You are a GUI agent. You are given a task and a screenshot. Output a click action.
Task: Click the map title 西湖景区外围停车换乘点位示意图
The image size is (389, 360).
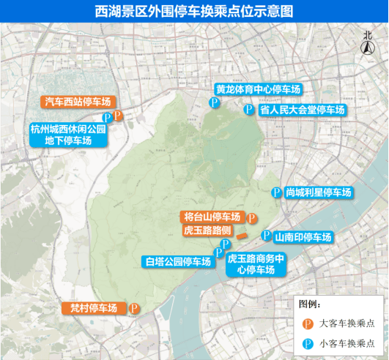tap(194, 11)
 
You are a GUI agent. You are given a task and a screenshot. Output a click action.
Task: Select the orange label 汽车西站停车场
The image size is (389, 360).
tap(77, 102)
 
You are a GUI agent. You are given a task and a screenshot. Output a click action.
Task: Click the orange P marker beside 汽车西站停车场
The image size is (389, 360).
tap(118, 116)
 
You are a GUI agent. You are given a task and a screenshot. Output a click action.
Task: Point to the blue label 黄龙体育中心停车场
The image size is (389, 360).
tap(258, 89)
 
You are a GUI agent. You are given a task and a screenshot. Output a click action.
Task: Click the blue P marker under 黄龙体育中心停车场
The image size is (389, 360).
tap(215, 104)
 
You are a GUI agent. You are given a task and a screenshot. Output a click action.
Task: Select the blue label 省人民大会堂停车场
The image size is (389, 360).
tap(301, 110)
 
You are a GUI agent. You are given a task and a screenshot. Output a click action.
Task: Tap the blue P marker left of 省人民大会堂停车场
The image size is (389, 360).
tap(248, 110)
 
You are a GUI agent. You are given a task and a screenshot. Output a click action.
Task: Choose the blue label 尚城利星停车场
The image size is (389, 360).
tap(319, 192)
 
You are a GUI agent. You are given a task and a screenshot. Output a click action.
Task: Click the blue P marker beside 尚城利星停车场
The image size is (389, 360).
tap(276, 192)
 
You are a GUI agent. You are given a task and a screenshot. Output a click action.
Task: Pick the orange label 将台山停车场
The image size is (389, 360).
tap(212, 217)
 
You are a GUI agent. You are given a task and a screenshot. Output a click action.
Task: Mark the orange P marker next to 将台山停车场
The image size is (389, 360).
tap(251, 218)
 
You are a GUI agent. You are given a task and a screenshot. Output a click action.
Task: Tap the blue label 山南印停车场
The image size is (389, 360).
tap(303, 237)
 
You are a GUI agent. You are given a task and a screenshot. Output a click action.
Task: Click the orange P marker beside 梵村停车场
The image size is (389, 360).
tap(134, 308)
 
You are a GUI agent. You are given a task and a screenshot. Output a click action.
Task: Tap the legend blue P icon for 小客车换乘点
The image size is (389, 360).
tap(309, 343)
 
